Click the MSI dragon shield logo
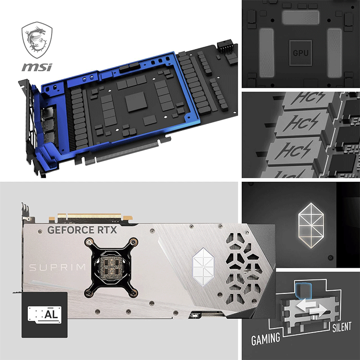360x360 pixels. (37, 40)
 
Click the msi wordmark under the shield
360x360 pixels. (37, 67)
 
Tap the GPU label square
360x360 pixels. (301, 53)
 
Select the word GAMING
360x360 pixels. (265, 339)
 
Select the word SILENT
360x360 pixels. (342, 327)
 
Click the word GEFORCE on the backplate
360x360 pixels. (71, 230)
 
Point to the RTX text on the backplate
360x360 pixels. (107, 230)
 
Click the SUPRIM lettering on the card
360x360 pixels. (58, 267)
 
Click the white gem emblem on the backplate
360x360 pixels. (203, 267)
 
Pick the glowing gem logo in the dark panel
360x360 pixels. (311, 225)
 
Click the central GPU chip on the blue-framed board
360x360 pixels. (136, 102)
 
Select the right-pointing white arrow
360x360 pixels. (318, 311)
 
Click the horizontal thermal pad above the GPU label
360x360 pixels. (301, 17)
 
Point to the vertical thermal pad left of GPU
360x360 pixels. (266, 53)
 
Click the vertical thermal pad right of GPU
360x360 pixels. (334, 53)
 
